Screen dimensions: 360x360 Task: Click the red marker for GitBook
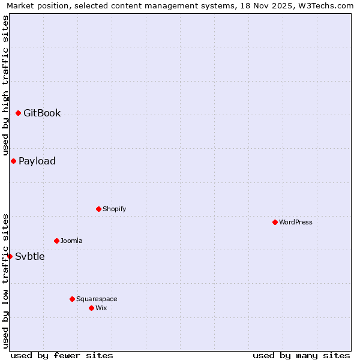coord(18,113)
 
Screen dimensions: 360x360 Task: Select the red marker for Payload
coord(13,161)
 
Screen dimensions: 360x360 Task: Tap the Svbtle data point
coord(10,256)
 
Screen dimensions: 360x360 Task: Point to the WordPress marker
coord(275,222)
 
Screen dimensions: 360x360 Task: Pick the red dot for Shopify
coord(98,209)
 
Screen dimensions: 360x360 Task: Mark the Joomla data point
coord(56,241)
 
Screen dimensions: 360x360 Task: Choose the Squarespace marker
coord(72,299)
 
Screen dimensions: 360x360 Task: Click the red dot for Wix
coord(91,308)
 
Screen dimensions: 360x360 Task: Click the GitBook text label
coord(42,113)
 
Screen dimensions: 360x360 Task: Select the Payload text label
coord(37,161)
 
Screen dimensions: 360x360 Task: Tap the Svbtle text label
coord(30,256)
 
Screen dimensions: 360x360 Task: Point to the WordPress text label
coord(296,222)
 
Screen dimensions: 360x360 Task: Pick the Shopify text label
coord(114,209)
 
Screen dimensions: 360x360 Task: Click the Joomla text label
coord(71,241)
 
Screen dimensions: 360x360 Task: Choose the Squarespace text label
coord(97,299)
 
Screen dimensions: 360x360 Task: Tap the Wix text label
coord(101,308)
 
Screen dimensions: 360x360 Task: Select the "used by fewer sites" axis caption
coord(62,355)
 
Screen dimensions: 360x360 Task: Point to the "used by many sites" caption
coord(301,355)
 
